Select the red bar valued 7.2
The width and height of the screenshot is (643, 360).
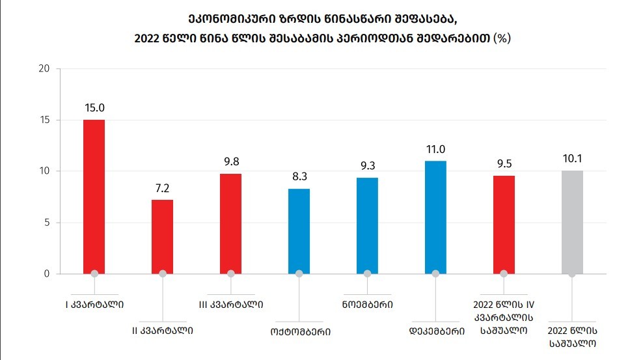tap(162, 236)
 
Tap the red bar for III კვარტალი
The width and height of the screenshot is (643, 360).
tap(230, 223)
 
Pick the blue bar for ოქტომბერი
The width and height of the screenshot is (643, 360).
tap(299, 231)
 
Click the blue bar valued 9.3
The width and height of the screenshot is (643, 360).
tap(367, 225)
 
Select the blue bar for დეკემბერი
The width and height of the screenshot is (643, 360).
tap(435, 217)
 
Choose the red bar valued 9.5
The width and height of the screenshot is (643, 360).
tap(504, 225)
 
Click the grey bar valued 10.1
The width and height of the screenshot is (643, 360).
tap(572, 222)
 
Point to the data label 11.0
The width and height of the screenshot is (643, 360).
tap(435, 150)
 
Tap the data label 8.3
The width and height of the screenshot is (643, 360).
tap(299, 178)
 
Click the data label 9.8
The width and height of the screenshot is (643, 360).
tap(230, 163)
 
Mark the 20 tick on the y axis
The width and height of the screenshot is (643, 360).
tap(44, 69)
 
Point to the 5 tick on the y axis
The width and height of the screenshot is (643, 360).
tap(47, 223)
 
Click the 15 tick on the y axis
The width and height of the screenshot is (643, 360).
tap(44, 120)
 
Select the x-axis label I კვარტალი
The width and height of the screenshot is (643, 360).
tap(94, 303)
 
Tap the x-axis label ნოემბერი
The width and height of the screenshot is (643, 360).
tap(367, 303)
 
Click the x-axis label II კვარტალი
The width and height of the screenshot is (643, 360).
tap(162, 331)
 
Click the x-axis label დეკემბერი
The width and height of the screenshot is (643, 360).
tap(435, 331)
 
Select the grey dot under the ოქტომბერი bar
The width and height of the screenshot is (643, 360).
tap(299, 273)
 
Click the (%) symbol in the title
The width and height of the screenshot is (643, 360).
tap(502, 38)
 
